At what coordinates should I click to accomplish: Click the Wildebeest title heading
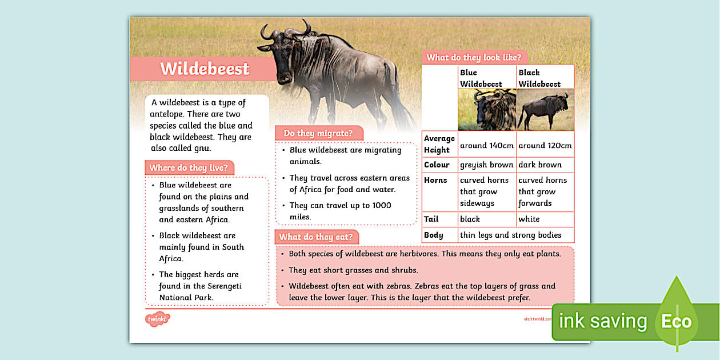click(205, 69)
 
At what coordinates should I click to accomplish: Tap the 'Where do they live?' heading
click(189, 168)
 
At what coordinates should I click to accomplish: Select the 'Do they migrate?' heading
click(318, 133)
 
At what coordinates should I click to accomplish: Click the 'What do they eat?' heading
click(315, 237)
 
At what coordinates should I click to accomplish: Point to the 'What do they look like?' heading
click(474, 57)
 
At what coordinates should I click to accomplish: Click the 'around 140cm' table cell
click(487, 145)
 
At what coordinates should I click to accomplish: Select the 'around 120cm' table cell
click(545, 145)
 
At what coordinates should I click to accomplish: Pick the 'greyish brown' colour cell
click(487, 165)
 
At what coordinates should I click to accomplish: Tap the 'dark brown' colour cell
click(540, 165)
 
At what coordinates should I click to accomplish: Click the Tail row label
click(431, 219)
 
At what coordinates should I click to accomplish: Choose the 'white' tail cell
click(529, 219)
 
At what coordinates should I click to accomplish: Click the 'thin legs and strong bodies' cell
click(510, 235)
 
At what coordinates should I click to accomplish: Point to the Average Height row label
click(439, 144)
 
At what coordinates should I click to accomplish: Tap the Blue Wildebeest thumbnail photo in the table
click(487, 110)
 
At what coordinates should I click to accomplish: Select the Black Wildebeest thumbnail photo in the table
click(545, 110)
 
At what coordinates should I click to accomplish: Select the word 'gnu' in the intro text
click(202, 148)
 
